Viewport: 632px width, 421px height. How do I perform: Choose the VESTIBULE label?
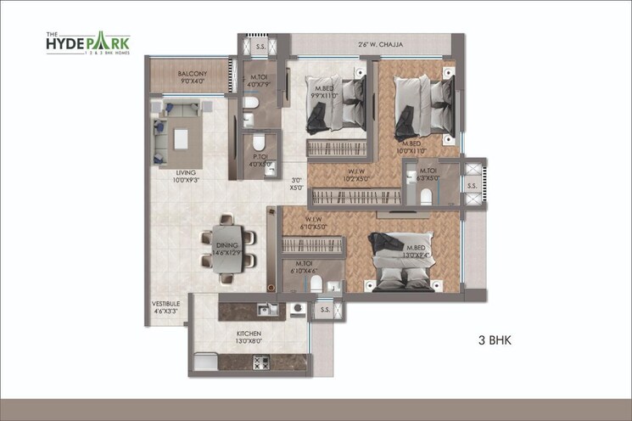point(165,306)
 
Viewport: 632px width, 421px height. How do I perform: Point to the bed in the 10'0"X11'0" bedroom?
point(425,104)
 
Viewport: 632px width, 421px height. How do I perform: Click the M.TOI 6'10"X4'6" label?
point(304,267)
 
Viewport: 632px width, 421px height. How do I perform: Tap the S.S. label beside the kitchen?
point(324,312)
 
